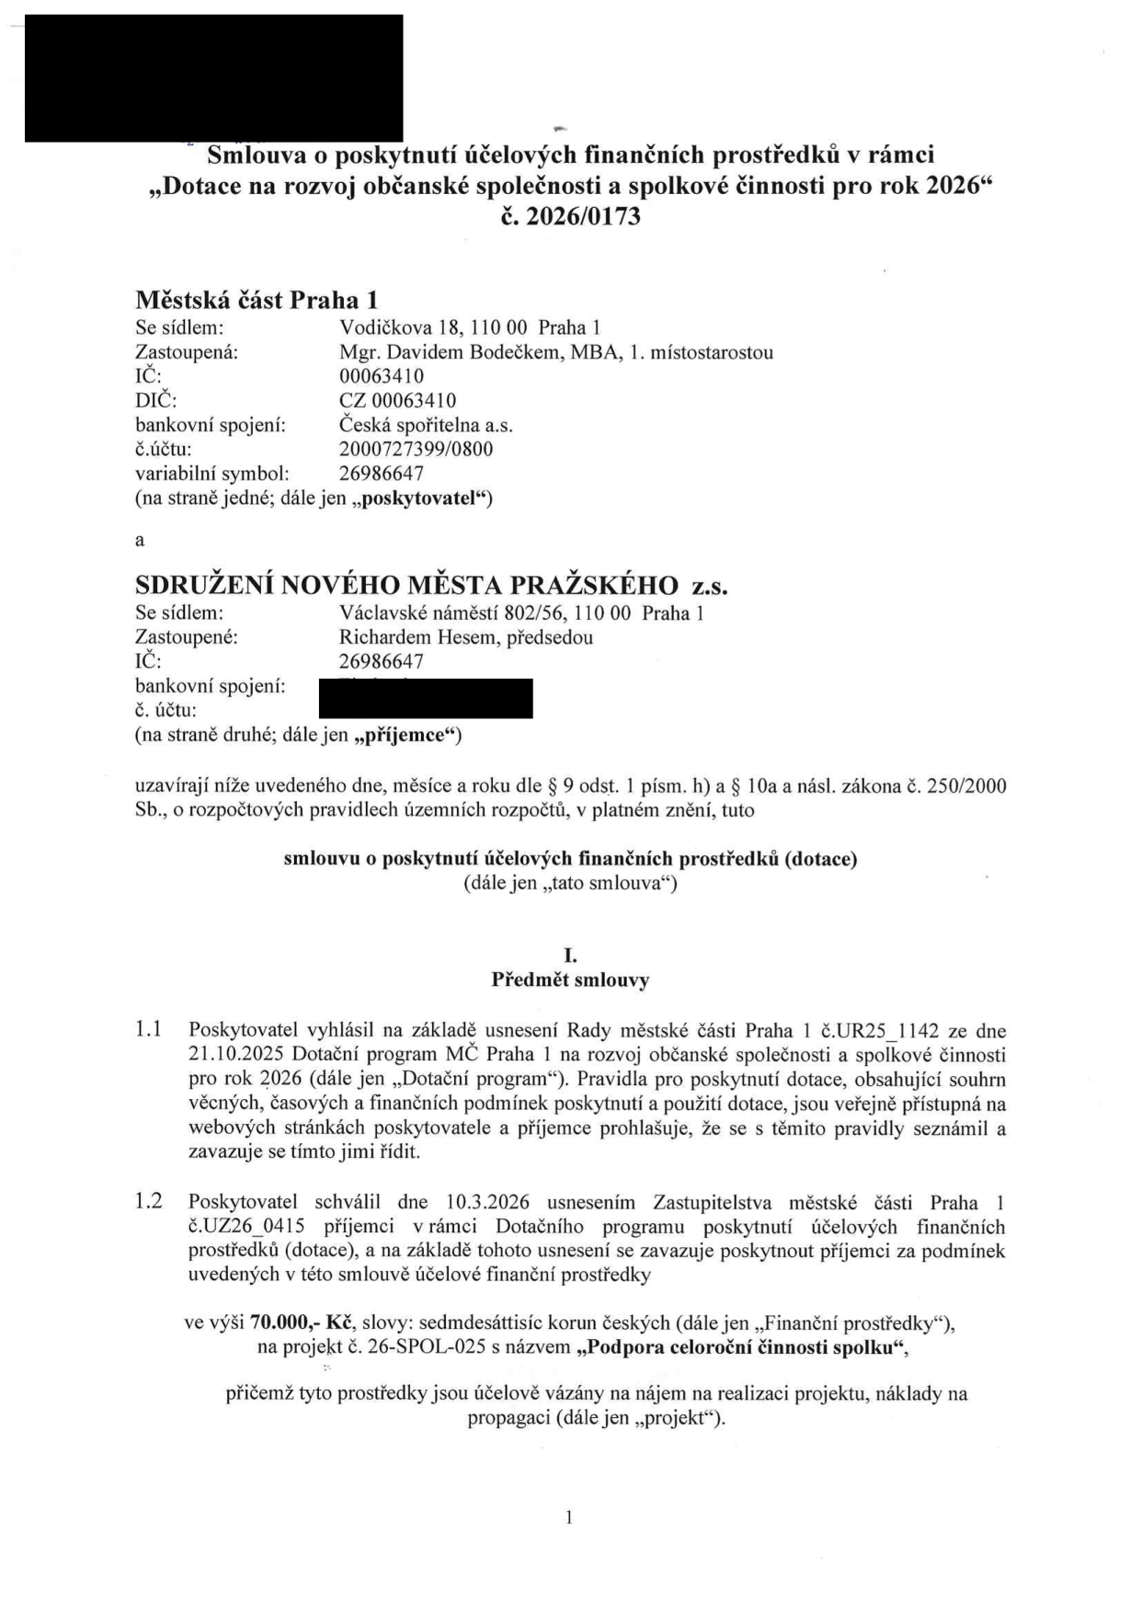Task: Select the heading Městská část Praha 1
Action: pos(257,300)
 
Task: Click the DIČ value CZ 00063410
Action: pos(397,401)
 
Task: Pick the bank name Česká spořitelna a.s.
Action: pos(426,426)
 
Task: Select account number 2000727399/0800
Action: pos(416,450)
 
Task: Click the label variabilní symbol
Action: pos(212,475)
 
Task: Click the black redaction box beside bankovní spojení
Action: pos(426,698)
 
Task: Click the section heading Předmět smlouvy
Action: pos(570,980)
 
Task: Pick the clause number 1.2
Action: pos(148,1202)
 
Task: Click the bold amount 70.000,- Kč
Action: pos(302,1323)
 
